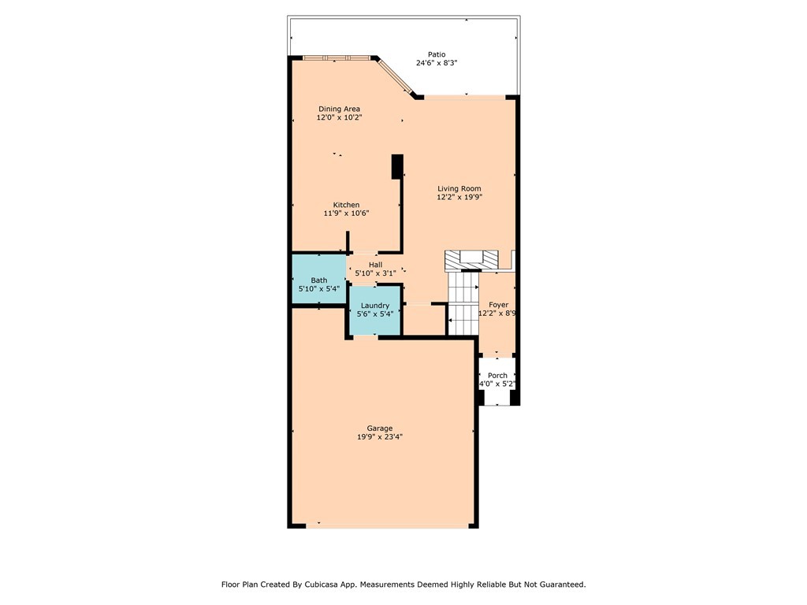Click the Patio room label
pos(431,54)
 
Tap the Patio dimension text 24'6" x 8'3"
pos(431,63)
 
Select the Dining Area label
pos(339,109)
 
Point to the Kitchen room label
pos(346,205)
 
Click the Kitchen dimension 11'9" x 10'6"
pos(346,213)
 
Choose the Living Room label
pos(459,188)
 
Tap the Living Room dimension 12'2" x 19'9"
pos(459,198)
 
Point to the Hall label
pos(375,265)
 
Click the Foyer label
pos(498,304)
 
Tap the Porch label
pos(497,375)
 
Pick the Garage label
pos(380,429)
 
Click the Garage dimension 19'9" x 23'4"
pos(380,437)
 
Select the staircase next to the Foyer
pos(463,302)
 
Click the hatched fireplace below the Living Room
pos(472,259)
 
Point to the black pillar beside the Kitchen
pos(397,165)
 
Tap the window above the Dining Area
pos(337,58)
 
